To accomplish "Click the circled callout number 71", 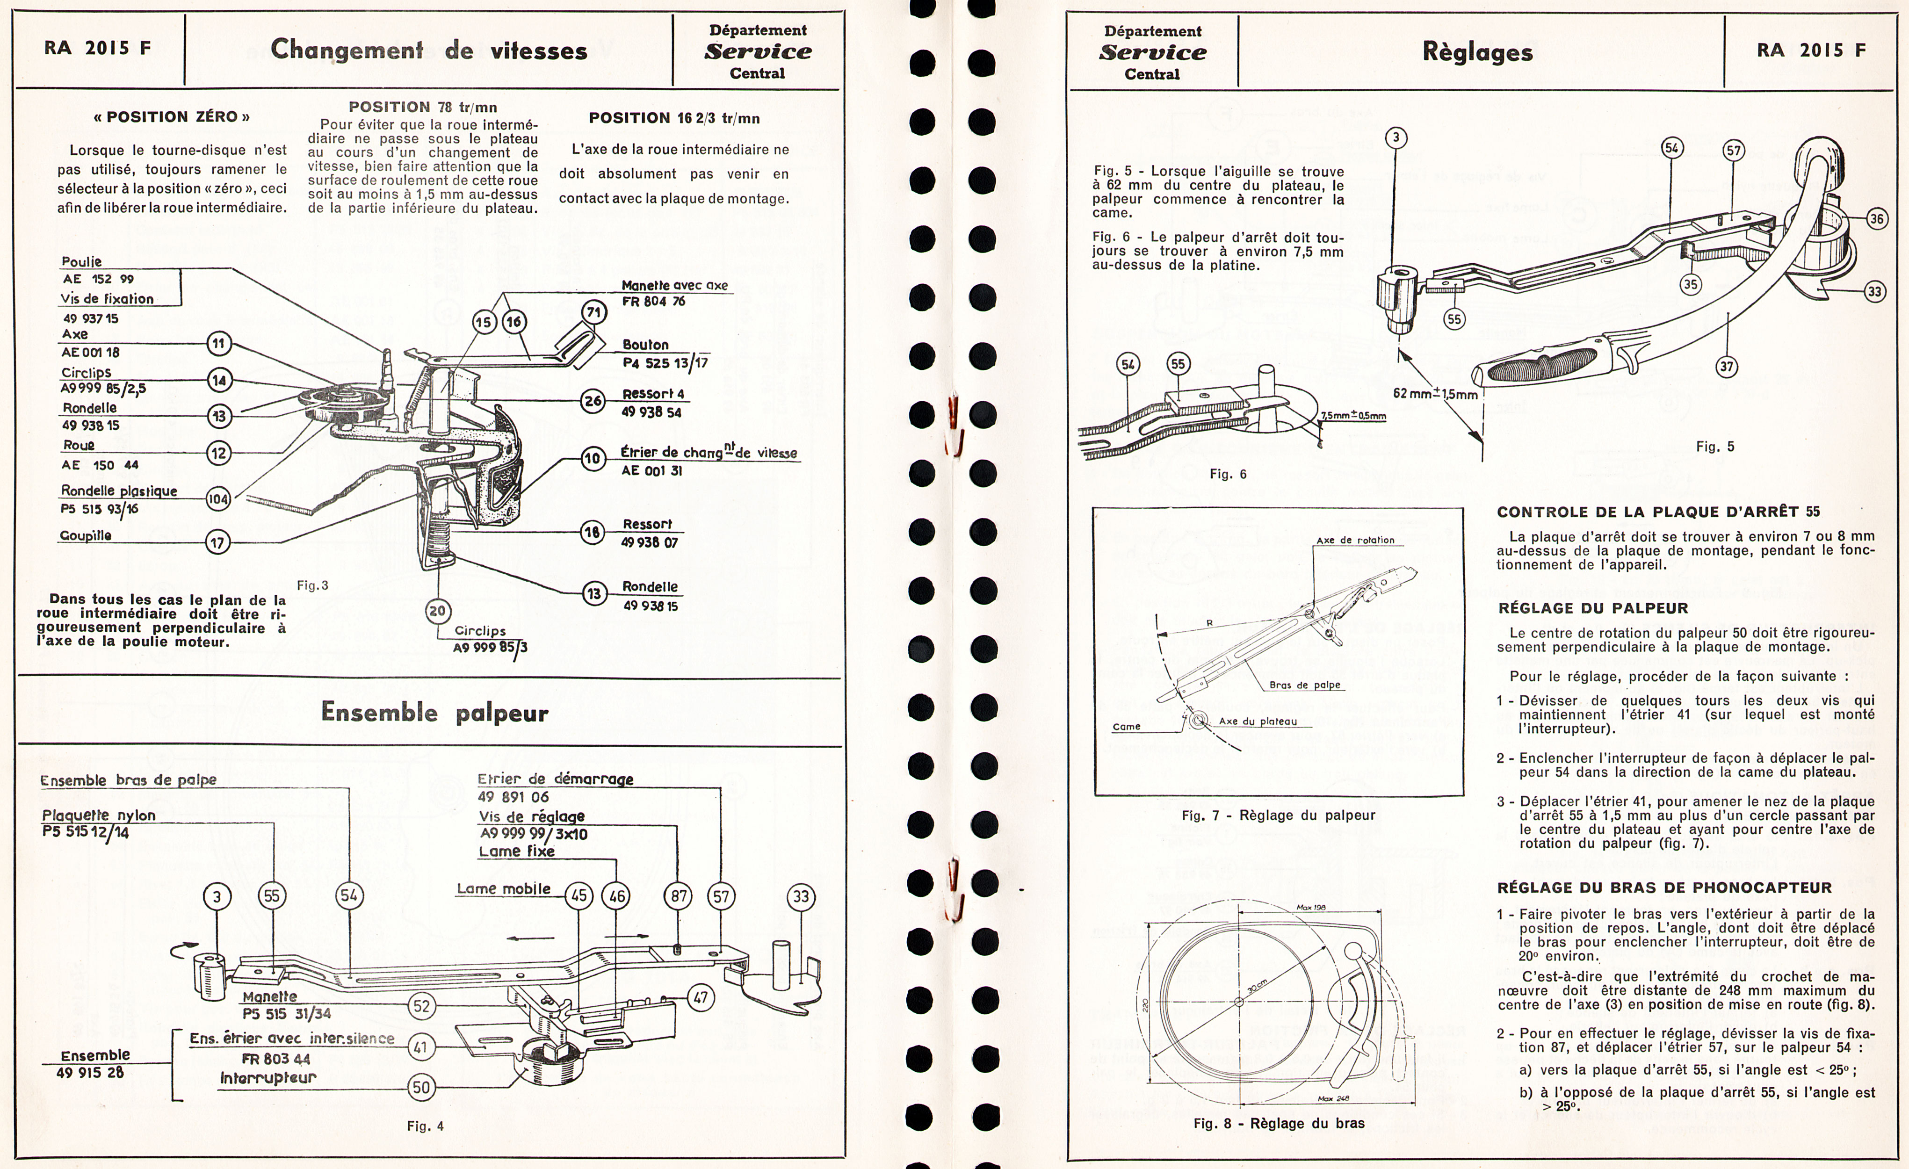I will [x=593, y=313].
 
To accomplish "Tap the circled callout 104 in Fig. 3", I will [x=218, y=499].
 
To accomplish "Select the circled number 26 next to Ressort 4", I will [x=593, y=401].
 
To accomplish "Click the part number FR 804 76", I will [x=654, y=301].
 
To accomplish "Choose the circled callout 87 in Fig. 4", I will [x=679, y=896].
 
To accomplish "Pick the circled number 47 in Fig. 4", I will [x=701, y=998].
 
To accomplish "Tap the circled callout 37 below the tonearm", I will [x=1727, y=367].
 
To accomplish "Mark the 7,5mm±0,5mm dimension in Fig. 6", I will [x=1353, y=416].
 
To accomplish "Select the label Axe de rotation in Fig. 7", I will [x=1355, y=540].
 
